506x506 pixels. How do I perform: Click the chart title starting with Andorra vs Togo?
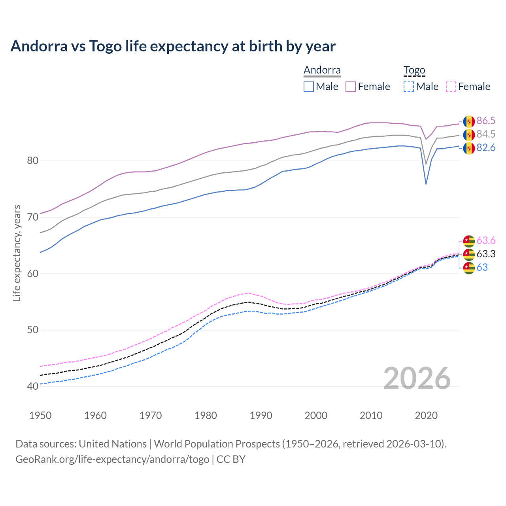point(173,46)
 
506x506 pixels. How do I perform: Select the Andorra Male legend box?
point(309,87)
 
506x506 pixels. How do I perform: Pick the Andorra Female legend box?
point(351,87)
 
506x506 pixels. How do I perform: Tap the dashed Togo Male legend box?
point(409,87)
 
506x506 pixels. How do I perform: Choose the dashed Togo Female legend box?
point(451,87)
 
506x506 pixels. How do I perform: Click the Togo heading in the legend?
point(414,70)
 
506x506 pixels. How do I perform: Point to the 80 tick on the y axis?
point(33,160)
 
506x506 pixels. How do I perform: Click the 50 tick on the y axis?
point(33,330)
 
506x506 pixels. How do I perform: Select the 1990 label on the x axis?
point(261,415)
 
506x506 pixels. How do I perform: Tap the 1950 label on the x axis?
point(40,415)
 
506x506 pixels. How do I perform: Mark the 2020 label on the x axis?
point(426,415)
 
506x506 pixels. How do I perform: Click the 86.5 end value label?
point(486,121)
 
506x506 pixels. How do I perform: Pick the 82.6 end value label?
point(486,148)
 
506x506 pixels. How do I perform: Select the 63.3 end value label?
point(486,254)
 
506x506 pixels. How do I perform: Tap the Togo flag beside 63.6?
point(469,241)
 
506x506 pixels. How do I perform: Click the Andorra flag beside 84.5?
point(469,135)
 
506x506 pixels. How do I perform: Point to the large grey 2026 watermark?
point(417,378)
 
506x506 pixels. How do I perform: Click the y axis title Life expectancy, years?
point(17,253)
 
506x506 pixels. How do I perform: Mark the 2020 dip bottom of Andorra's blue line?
point(426,184)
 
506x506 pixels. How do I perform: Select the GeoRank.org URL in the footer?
point(112,459)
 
